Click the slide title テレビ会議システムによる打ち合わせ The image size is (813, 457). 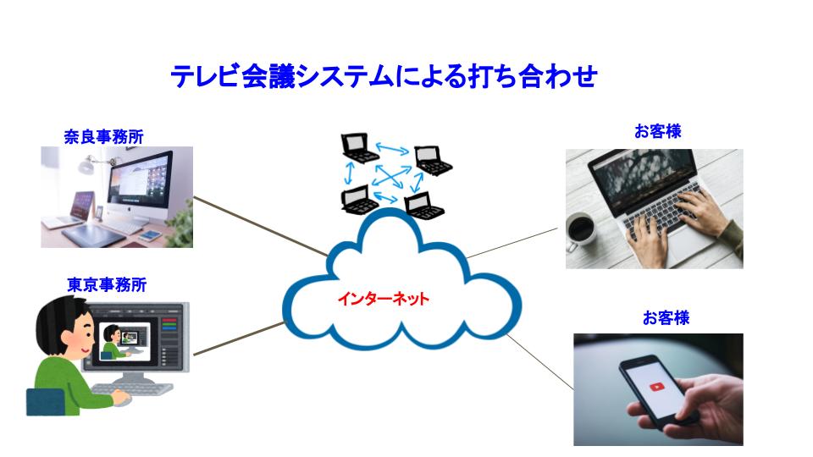[x=384, y=77]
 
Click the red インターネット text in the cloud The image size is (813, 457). [x=384, y=299]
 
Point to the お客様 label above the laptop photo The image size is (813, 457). [x=657, y=131]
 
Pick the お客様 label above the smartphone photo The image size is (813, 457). [x=665, y=318]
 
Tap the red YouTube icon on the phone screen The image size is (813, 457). [x=658, y=387]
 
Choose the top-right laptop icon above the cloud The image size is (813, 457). [x=433, y=159]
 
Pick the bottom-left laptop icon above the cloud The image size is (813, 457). [x=359, y=199]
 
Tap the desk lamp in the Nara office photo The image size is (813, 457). [x=86, y=164]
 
